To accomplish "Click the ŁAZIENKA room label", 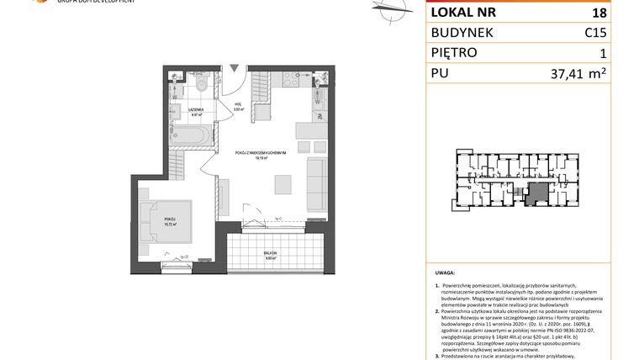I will pyautogui.click(x=193, y=109).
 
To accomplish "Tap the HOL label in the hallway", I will pyautogui.click(x=238, y=106).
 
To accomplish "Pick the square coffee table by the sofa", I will pyautogui.click(x=283, y=183).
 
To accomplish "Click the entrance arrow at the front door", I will pyautogui.click(x=234, y=66).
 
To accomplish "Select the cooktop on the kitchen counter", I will pyautogui.click(x=291, y=81).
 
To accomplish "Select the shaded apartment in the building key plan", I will pyautogui.click(x=535, y=194).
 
